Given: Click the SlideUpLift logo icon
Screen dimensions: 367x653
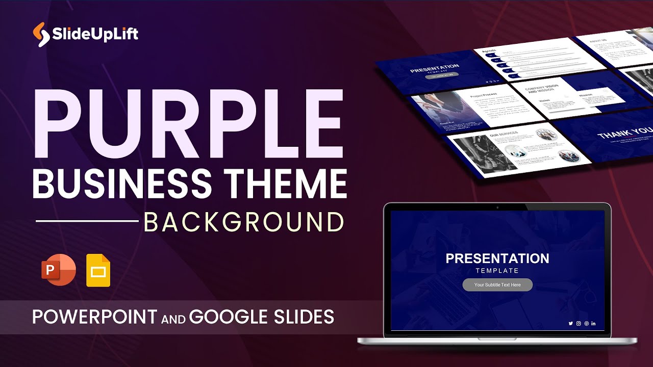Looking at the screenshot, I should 41,35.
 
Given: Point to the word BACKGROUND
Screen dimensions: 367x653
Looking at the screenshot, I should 243,222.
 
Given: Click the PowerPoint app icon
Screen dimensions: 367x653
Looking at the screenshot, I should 58,270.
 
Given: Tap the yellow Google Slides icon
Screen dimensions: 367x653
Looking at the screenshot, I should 98,270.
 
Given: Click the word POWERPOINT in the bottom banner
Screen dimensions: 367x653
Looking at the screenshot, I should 95,317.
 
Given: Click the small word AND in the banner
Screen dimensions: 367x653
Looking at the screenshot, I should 173,318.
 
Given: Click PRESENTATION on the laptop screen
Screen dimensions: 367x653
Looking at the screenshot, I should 497,258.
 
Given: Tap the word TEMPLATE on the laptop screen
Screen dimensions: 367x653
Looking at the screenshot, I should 497,271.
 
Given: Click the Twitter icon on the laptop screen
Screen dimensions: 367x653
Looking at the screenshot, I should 571,323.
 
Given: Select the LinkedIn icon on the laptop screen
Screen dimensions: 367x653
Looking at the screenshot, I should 593,323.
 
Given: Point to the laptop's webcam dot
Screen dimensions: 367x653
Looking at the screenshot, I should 497,207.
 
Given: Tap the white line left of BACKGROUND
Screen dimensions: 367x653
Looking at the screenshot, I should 87,221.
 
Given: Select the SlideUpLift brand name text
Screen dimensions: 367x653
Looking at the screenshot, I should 95,35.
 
